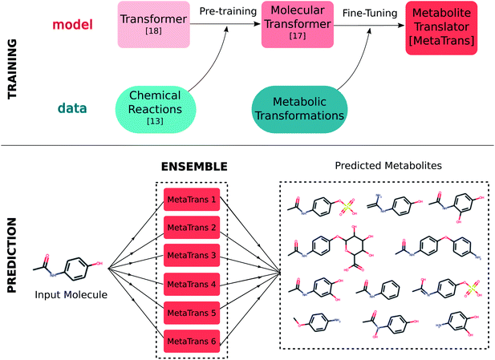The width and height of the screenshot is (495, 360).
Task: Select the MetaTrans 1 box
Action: (x=191, y=199)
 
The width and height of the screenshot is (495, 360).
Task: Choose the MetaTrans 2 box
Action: (x=191, y=227)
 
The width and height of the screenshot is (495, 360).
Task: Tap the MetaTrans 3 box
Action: (x=191, y=255)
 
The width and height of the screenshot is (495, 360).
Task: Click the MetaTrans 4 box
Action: (x=191, y=283)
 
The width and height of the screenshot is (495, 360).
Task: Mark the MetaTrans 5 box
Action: (x=191, y=311)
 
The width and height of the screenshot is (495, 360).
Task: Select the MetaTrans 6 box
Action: (x=191, y=339)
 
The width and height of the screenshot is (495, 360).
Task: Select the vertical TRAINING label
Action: (x=14, y=69)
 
